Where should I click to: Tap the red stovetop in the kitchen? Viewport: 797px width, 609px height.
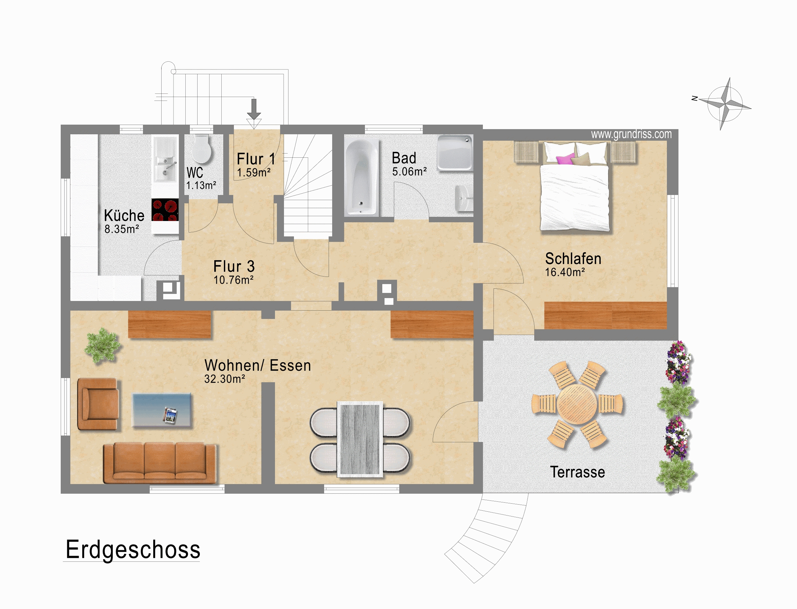pyautogui.click(x=165, y=210)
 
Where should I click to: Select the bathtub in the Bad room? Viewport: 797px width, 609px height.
pyautogui.click(x=361, y=178)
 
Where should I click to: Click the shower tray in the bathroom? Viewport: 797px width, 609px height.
pyautogui.click(x=455, y=153)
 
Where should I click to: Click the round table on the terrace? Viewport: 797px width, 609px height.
pyautogui.click(x=577, y=404)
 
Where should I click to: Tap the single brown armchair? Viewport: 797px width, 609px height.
pyautogui.click(x=98, y=404)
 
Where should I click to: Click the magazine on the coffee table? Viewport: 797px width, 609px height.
pyautogui.click(x=170, y=415)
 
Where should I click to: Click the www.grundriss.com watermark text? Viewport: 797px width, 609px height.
pyautogui.click(x=631, y=135)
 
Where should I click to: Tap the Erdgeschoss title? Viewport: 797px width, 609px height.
pyautogui.click(x=133, y=550)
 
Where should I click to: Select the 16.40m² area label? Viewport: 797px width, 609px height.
pyautogui.click(x=565, y=272)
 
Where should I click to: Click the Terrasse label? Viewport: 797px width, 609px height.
pyautogui.click(x=577, y=472)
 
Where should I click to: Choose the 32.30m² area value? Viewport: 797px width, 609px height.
pyautogui.click(x=225, y=379)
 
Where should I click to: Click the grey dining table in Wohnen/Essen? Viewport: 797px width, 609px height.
pyautogui.click(x=360, y=439)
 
